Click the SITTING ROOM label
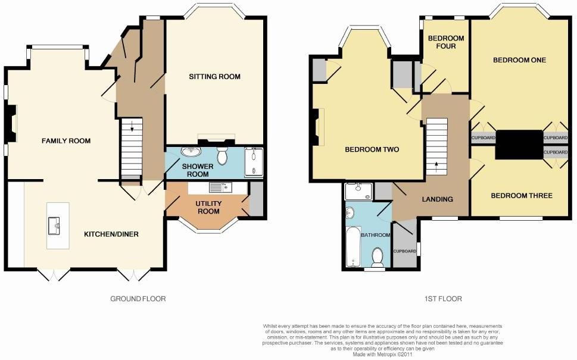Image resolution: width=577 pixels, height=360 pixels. [214, 76]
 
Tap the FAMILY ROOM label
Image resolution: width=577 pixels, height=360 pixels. [66, 141]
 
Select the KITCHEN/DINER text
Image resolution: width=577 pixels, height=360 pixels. [111, 234]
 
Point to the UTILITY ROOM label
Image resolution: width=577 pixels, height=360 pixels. [209, 208]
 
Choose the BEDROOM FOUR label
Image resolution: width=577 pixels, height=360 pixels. [446, 42]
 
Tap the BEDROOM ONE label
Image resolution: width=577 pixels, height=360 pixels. [519, 60]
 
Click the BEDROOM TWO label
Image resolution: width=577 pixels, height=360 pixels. [372, 150]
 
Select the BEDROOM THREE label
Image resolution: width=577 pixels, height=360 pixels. [521, 196]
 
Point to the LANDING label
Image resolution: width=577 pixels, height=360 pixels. [437, 199]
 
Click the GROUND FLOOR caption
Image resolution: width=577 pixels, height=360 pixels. [138, 299]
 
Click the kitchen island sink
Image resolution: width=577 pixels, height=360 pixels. [57, 224]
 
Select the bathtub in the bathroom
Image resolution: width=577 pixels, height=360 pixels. [353, 246]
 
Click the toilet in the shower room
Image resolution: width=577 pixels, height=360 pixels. [223, 156]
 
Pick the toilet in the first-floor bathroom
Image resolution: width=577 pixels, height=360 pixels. [377, 257]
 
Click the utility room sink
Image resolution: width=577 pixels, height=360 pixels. [216, 188]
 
